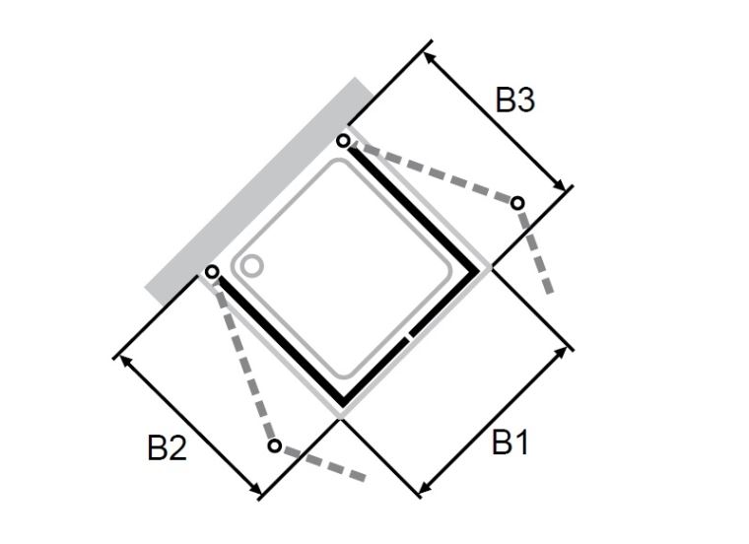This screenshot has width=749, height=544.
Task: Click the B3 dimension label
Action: click(x=514, y=100)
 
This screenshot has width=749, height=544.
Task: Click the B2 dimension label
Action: click(x=167, y=447)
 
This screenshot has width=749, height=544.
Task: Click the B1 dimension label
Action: click(x=511, y=442)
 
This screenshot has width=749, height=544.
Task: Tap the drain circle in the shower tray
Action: click(x=250, y=265)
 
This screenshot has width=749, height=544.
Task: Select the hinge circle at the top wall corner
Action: click(x=343, y=141)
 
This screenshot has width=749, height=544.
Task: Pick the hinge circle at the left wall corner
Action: click(x=213, y=272)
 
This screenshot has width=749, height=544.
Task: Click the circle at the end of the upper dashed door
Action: click(x=517, y=203)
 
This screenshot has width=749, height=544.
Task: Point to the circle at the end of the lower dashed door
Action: click(x=274, y=445)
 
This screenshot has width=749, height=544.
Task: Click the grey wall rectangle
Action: click(x=260, y=191)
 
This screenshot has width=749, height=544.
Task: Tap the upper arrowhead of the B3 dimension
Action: click(x=428, y=56)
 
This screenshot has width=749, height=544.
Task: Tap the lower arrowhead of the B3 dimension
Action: click(x=560, y=185)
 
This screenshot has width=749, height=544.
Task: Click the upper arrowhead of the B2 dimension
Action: click(x=124, y=360)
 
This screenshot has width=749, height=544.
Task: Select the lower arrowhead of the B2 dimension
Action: click(x=256, y=490)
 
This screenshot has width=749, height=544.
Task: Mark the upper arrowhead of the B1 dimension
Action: click(x=562, y=352)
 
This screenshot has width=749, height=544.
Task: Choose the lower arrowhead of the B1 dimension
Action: click(x=424, y=488)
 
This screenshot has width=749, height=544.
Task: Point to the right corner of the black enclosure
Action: click(x=478, y=271)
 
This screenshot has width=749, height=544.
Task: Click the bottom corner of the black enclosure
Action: click(x=343, y=404)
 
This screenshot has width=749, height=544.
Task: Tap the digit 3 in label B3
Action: click(x=525, y=100)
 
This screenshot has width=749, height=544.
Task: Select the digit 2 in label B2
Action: click(x=177, y=447)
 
